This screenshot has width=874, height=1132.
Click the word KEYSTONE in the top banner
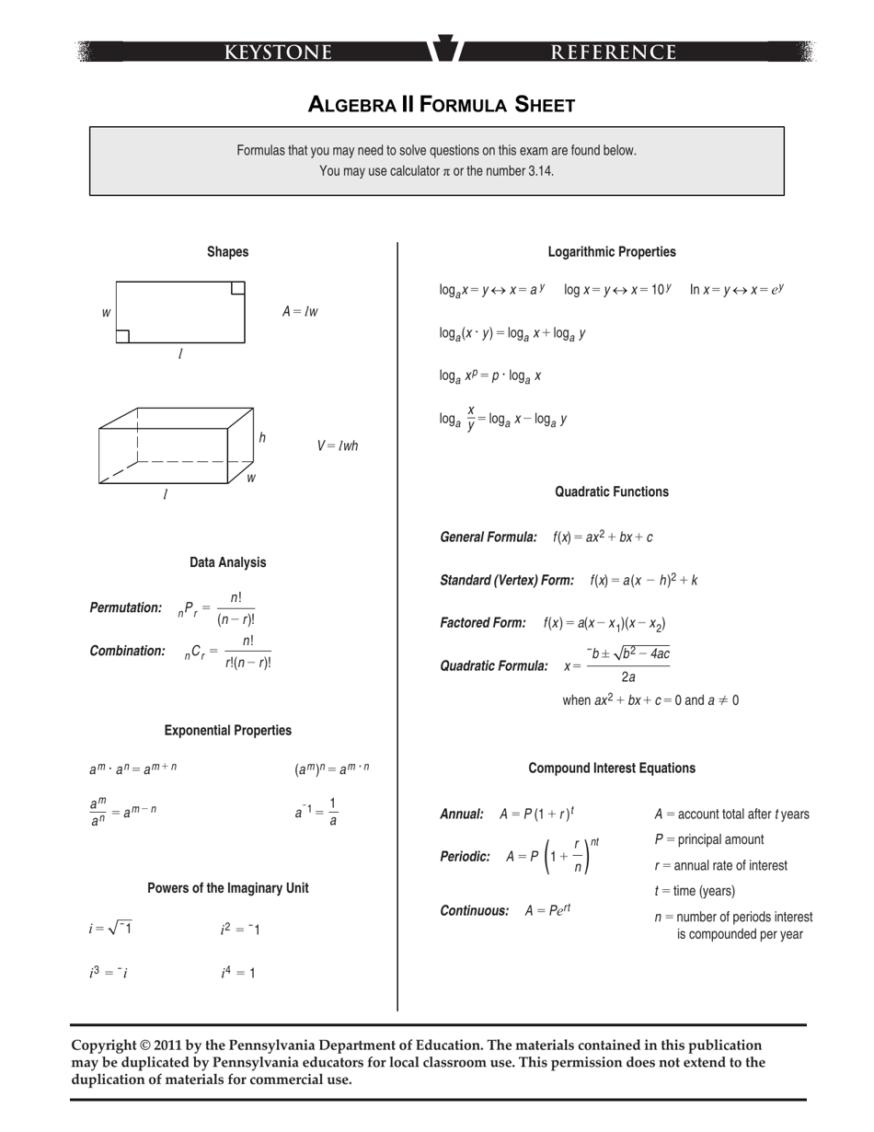279,52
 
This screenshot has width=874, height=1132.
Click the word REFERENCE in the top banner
614,52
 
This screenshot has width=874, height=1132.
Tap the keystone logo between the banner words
445,49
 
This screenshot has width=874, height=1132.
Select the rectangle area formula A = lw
300,312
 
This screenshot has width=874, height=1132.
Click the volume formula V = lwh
338,446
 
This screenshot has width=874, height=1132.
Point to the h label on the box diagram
262,438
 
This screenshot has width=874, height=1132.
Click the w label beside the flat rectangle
106,313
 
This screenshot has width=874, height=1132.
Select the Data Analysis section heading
227,562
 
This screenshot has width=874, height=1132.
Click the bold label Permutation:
126,607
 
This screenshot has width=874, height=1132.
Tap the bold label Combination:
127,651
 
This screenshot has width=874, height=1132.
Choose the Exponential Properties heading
227,731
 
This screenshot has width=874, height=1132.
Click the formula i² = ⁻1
240,930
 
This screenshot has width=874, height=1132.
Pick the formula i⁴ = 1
238,973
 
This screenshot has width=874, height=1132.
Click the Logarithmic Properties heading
612,252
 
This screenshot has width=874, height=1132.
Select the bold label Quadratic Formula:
494,665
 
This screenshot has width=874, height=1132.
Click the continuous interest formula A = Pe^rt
548,910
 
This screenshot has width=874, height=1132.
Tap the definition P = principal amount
709,839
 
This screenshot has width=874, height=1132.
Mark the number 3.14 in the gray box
540,171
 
